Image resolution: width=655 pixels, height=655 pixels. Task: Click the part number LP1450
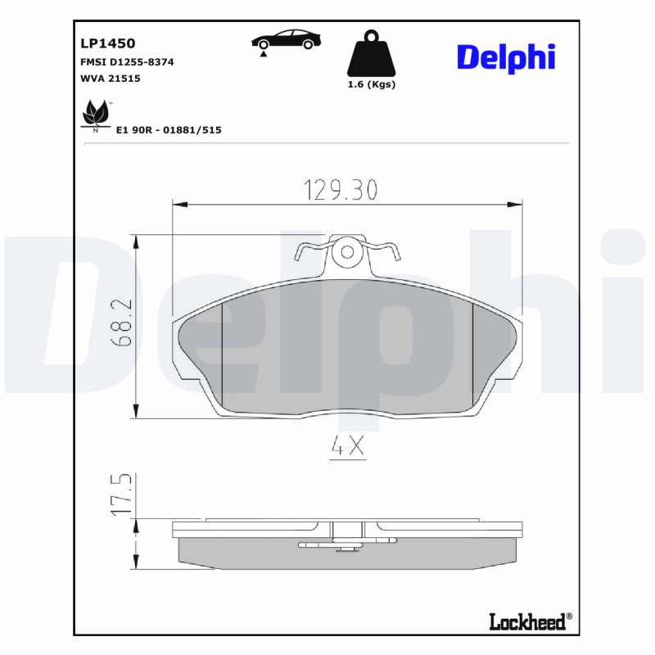pyautogui.click(x=107, y=43)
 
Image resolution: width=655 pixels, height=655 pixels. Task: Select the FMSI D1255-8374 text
pyautogui.click(x=126, y=62)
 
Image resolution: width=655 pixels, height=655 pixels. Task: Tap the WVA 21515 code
pyautogui.click(x=111, y=79)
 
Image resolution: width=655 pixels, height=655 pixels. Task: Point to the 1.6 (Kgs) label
pyautogui.click(x=371, y=85)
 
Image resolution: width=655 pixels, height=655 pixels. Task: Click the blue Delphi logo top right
pyautogui.click(x=505, y=57)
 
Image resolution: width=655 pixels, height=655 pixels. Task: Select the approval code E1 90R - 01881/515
pyautogui.click(x=169, y=130)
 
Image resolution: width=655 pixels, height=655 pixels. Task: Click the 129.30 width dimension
pyautogui.click(x=341, y=190)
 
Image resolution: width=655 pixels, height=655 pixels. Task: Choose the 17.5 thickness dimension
pyautogui.click(x=122, y=495)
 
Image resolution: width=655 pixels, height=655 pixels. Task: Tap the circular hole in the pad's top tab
pyautogui.click(x=349, y=252)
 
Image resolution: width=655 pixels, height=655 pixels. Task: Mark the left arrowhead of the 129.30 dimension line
pyautogui.click(x=178, y=203)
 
